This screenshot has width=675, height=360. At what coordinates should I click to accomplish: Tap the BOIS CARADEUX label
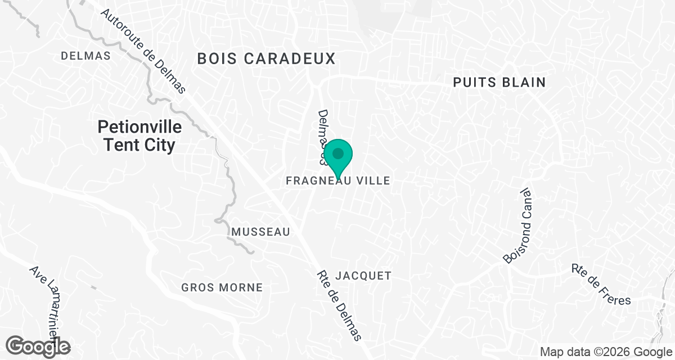(266, 58)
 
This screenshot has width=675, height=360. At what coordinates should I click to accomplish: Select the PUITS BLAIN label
(499, 82)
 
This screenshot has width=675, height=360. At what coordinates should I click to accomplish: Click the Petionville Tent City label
(139, 136)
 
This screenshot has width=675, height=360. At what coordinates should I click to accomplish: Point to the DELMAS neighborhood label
(85, 56)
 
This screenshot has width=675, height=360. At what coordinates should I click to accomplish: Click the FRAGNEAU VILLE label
(337, 181)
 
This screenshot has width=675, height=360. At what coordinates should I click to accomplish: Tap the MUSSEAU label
(261, 232)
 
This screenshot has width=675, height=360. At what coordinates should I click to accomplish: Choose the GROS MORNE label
(222, 287)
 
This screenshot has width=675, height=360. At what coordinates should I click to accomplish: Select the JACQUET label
(363, 276)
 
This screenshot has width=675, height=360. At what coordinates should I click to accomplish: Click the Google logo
(38, 346)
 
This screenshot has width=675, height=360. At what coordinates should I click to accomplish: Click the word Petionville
(139, 127)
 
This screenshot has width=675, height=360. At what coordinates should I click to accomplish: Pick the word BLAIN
(524, 82)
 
